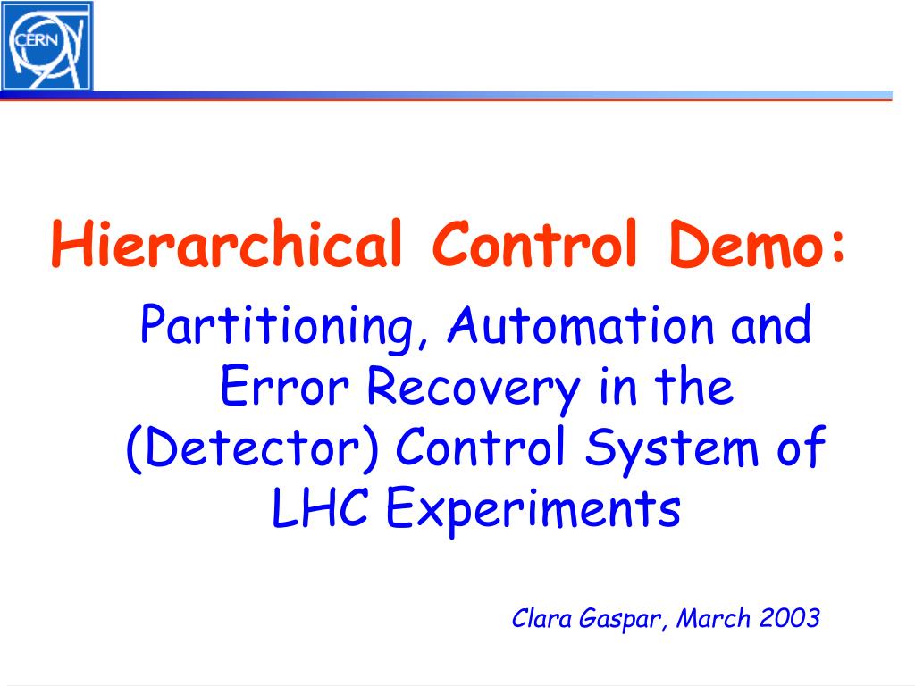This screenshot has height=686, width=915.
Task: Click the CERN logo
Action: tap(46, 46)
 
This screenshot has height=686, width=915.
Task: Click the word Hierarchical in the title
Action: tap(227, 243)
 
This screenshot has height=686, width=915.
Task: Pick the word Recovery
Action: tap(474, 389)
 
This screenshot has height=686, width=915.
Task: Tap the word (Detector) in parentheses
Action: tap(253, 448)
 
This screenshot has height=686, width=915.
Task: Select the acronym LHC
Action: tap(320, 507)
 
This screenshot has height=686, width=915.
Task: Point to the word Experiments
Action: tap(533, 510)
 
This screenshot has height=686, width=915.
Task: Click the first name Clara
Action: tap(541, 618)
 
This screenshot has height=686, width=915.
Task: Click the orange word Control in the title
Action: tap(534, 243)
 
